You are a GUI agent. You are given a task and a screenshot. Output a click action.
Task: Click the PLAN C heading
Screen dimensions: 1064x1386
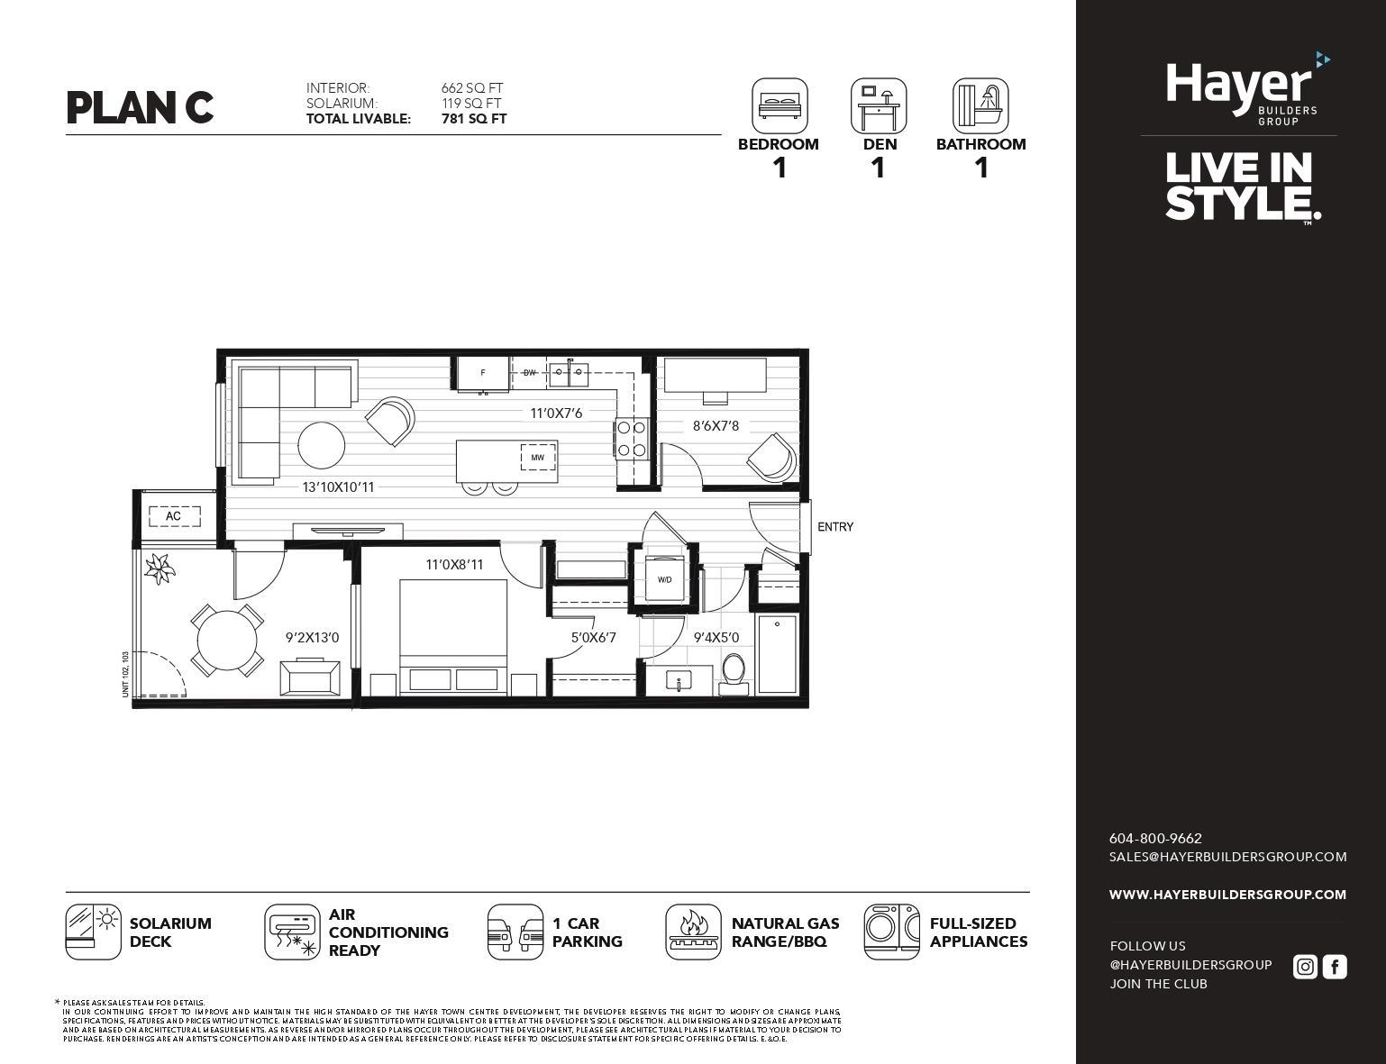click(140, 107)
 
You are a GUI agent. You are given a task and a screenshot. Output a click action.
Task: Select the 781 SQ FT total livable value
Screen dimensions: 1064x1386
click(473, 119)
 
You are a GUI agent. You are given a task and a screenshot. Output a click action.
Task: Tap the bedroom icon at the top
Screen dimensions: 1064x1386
click(780, 105)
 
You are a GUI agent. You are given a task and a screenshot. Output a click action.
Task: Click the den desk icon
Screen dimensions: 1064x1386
click(878, 105)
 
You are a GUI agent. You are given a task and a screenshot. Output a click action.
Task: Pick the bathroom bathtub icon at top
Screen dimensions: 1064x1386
click(980, 105)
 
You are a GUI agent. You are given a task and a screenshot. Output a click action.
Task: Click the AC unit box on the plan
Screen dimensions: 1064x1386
click(173, 516)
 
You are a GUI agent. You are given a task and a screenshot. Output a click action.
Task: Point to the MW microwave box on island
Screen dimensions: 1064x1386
click(537, 458)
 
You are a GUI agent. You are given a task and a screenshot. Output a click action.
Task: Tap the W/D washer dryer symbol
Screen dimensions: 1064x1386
click(664, 579)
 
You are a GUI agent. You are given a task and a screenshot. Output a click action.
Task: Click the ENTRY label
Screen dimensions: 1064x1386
click(834, 527)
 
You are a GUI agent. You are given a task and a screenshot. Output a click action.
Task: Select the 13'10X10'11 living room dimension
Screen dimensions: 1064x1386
click(338, 487)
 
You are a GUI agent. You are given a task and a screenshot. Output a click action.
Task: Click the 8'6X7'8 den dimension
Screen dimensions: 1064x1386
click(716, 426)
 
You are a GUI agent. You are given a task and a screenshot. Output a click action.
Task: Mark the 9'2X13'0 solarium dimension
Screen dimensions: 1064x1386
click(312, 638)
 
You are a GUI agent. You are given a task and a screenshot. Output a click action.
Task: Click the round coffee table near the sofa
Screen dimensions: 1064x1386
click(321, 445)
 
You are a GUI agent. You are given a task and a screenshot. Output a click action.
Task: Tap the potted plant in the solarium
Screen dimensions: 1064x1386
click(160, 568)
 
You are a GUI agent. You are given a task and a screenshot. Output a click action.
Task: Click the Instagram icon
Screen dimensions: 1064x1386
click(1304, 967)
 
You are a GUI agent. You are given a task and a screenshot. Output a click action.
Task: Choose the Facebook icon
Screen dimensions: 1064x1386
click(1335, 967)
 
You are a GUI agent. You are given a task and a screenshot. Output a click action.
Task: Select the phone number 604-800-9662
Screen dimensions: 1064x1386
click(1154, 838)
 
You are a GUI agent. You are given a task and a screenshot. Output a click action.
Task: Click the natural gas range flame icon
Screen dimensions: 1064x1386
click(693, 932)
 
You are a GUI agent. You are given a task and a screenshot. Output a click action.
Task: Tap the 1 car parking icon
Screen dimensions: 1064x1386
click(515, 932)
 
